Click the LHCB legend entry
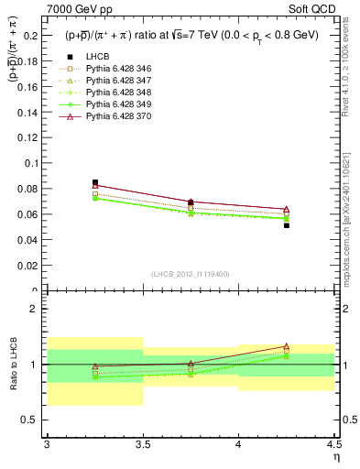[x=96, y=56]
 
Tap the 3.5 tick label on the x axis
[x=143, y=445]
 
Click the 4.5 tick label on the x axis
[x=333, y=445]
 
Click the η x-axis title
[x=335, y=457]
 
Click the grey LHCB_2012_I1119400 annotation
[x=191, y=274]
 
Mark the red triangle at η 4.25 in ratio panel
[x=287, y=347]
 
